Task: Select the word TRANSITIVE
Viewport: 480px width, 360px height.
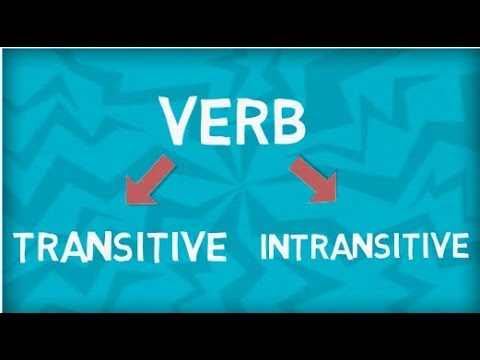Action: point(119,246)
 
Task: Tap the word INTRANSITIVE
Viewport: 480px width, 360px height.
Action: point(364,246)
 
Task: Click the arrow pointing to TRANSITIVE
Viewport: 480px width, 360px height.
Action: point(142,178)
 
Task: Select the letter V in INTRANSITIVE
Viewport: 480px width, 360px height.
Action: point(440,246)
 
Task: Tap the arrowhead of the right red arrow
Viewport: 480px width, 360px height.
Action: point(327,190)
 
